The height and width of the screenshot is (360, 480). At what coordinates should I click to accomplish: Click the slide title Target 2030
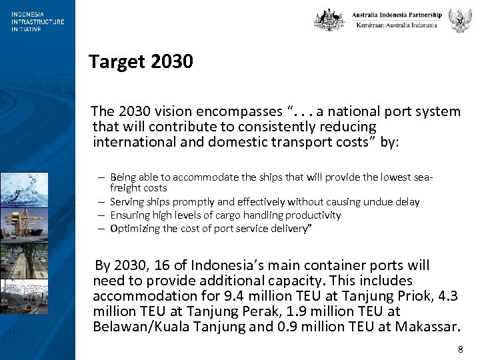click(x=141, y=62)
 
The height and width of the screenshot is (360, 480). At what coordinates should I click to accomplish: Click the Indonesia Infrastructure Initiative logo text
click(x=37, y=21)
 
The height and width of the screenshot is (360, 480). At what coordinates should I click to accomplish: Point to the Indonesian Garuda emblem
click(x=460, y=20)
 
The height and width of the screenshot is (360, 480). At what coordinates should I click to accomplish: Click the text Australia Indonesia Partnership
click(x=397, y=15)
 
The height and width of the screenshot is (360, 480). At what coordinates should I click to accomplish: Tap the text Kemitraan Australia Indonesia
click(x=397, y=25)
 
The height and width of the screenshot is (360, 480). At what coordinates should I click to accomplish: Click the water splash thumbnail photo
click(x=24, y=189)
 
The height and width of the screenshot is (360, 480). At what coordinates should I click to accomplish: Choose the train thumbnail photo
click(x=24, y=297)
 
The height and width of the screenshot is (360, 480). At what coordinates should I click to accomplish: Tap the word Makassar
click(x=427, y=327)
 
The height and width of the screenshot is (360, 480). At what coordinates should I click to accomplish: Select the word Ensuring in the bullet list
click(x=129, y=215)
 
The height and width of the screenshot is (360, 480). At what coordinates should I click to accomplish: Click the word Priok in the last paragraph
click(x=419, y=296)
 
